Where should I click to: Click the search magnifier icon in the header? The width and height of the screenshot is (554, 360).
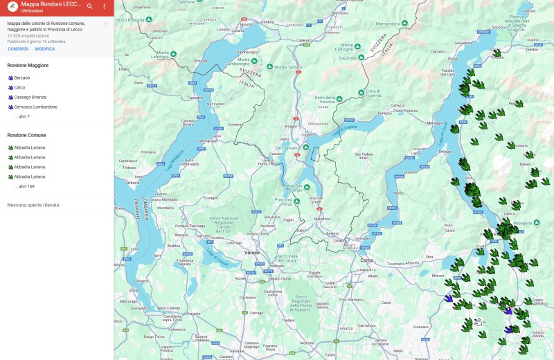coord(90,6)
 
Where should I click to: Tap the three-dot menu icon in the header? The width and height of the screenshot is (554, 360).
coord(105,6)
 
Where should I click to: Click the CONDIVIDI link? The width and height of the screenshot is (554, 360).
coord(18,49)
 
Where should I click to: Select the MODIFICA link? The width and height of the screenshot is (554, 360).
coord(45,49)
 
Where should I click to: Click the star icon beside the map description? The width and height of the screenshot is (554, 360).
coord(106,24)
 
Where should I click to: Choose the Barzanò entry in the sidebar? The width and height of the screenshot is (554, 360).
coord(21,78)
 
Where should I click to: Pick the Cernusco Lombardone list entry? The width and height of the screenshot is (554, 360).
coord(35,107)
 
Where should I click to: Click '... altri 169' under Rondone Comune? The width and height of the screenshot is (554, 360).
coord(24,186)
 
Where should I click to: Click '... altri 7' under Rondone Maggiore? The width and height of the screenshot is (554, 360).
coord(22,117)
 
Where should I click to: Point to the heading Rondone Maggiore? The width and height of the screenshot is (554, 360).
coord(28,65)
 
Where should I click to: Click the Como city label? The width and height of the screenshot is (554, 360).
coord(367,260)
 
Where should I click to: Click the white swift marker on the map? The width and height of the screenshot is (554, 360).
coord(477,322)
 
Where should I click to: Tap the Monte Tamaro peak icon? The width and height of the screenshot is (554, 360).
coord(271,67)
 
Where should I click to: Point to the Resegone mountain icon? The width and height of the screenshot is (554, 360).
coord(515,224)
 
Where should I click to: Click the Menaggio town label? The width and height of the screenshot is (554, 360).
coord(436,123)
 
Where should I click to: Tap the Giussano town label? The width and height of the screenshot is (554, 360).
coord(420,327)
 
